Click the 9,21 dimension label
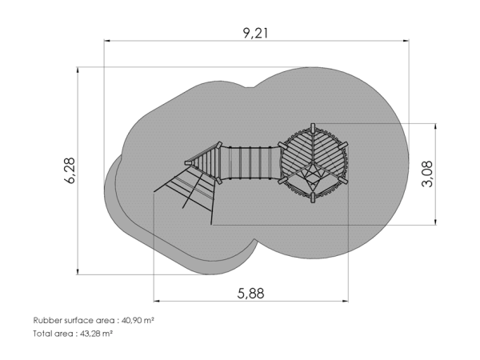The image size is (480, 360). coord(255,33)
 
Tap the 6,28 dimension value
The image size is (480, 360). coord(70,170)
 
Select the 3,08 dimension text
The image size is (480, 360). coord(427,174)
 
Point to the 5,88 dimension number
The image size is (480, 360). coord(250,294)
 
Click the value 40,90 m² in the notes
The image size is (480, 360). coord(138,321)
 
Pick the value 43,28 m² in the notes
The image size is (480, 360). coord(96,334)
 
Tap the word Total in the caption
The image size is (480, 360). coord(42,334)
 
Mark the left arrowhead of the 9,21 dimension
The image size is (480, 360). coord(107,41)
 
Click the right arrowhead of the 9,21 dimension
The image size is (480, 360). coord(406,41)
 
